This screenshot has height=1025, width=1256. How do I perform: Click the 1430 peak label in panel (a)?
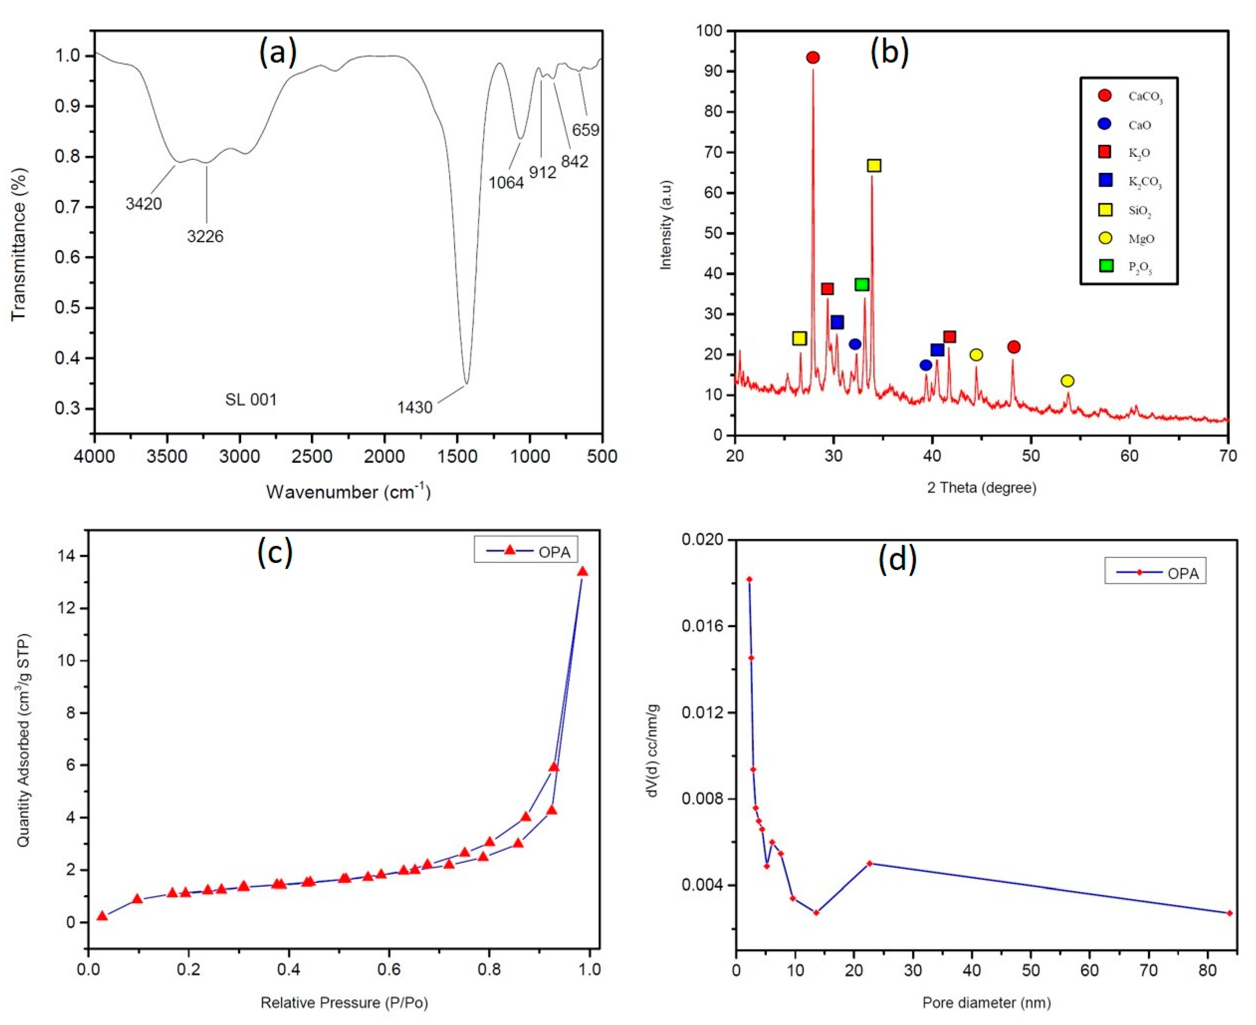pyautogui.click(x=415, y=407)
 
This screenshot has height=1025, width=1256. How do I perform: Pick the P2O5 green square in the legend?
pyautogui.click(x=1106, y=266)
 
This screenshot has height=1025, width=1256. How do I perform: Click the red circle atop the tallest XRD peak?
pyautogui.click(x=813, y=57)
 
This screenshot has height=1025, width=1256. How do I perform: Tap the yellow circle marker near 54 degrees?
pyautogui.click(x=1067, y=381)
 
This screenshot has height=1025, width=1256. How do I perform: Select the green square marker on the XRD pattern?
pyautogui.click(x=862, y=284)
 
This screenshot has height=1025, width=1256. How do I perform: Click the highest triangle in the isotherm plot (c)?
pyautogui.click(x=583, y=571)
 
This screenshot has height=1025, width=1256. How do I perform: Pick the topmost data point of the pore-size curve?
pyautogui.click(x=749, y=579)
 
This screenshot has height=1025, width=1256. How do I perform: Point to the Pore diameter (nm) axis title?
pyautogui.click(x=987, y=1002)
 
